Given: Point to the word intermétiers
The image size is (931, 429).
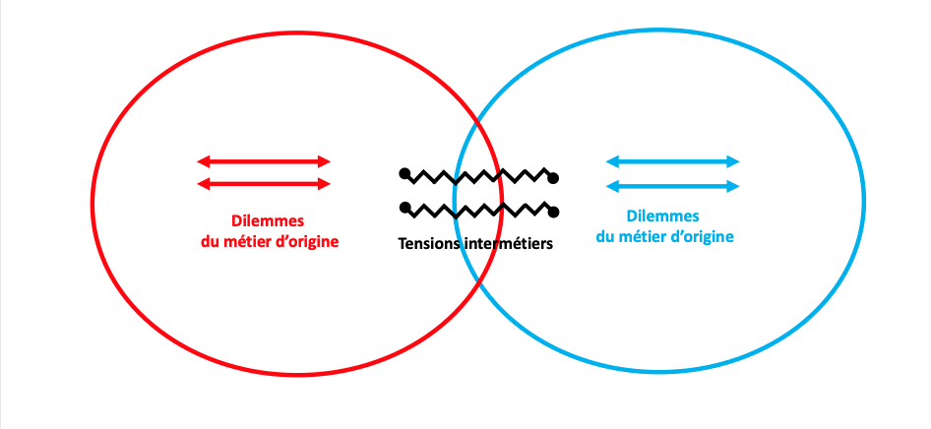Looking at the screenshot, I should (x=510, y=244).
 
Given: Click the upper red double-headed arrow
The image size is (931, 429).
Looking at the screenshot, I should (x=264, y=161).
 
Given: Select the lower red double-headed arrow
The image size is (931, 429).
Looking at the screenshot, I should (x=264, y=184).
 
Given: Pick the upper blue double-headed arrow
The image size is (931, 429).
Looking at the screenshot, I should (x=673, y=161).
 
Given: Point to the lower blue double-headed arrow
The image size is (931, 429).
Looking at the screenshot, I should (x=673, y=187).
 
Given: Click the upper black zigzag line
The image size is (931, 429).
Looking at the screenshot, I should (x=479, y=176).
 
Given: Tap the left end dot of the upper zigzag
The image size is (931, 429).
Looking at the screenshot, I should (x=404, y=174).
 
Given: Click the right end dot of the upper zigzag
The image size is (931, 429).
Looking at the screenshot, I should (x=554, y=178).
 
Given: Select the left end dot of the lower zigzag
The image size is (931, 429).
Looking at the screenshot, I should (x=404, y=207).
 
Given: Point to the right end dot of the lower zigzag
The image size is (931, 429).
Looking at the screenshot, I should (x=554, y=212).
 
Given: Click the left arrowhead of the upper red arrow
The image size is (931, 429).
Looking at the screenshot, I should (x=203, y=161).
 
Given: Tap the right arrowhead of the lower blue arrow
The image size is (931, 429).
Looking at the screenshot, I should (x=733, y=187).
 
